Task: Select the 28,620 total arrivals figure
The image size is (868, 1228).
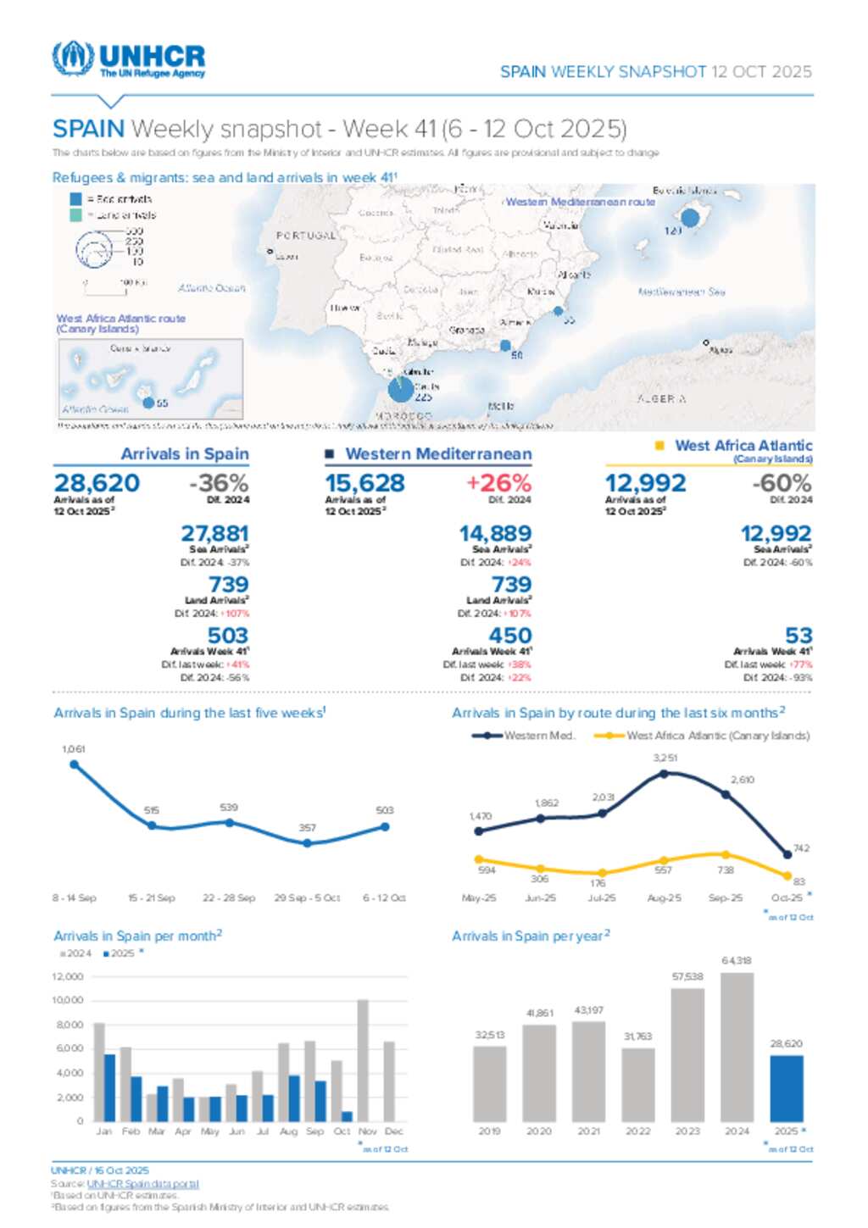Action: pyautogui.click(x=97, y=483)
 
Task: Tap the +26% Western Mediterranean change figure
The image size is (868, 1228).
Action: pyautogui.click(x=498, y=483)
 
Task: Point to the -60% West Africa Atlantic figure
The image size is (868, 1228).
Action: pyautogui.click(x=782, y=483)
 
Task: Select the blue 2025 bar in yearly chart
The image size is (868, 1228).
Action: pyautogui.click(x=786, y=1088)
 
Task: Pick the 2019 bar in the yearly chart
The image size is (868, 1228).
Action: pyautogui.click(x=489, y=1084)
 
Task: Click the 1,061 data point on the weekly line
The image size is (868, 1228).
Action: pyautogui.click(x=75, y=764)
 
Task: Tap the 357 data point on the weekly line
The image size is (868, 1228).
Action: pyautogui.click(x=307, y=842)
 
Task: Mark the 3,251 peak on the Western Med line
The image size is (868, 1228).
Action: pyautogui.click(x=664, y=773)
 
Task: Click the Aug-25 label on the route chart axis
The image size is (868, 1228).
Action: pyautogui.click(x=664, y=897)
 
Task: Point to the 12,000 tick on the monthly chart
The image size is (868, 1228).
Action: pyautogui.click(x=68, y=977)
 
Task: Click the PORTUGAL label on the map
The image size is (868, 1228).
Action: pyautogui.click(x=306, y=236)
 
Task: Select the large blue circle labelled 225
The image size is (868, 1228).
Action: pyautogui.click(x=401, y=389)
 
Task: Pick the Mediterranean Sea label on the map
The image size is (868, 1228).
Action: pyautogui.click(x=682, y=292)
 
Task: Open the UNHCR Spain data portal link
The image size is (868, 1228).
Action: pyautogui.click(x=142, y=1184)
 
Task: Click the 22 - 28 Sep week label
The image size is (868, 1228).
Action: pyautogui.click(x=229, y=897)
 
